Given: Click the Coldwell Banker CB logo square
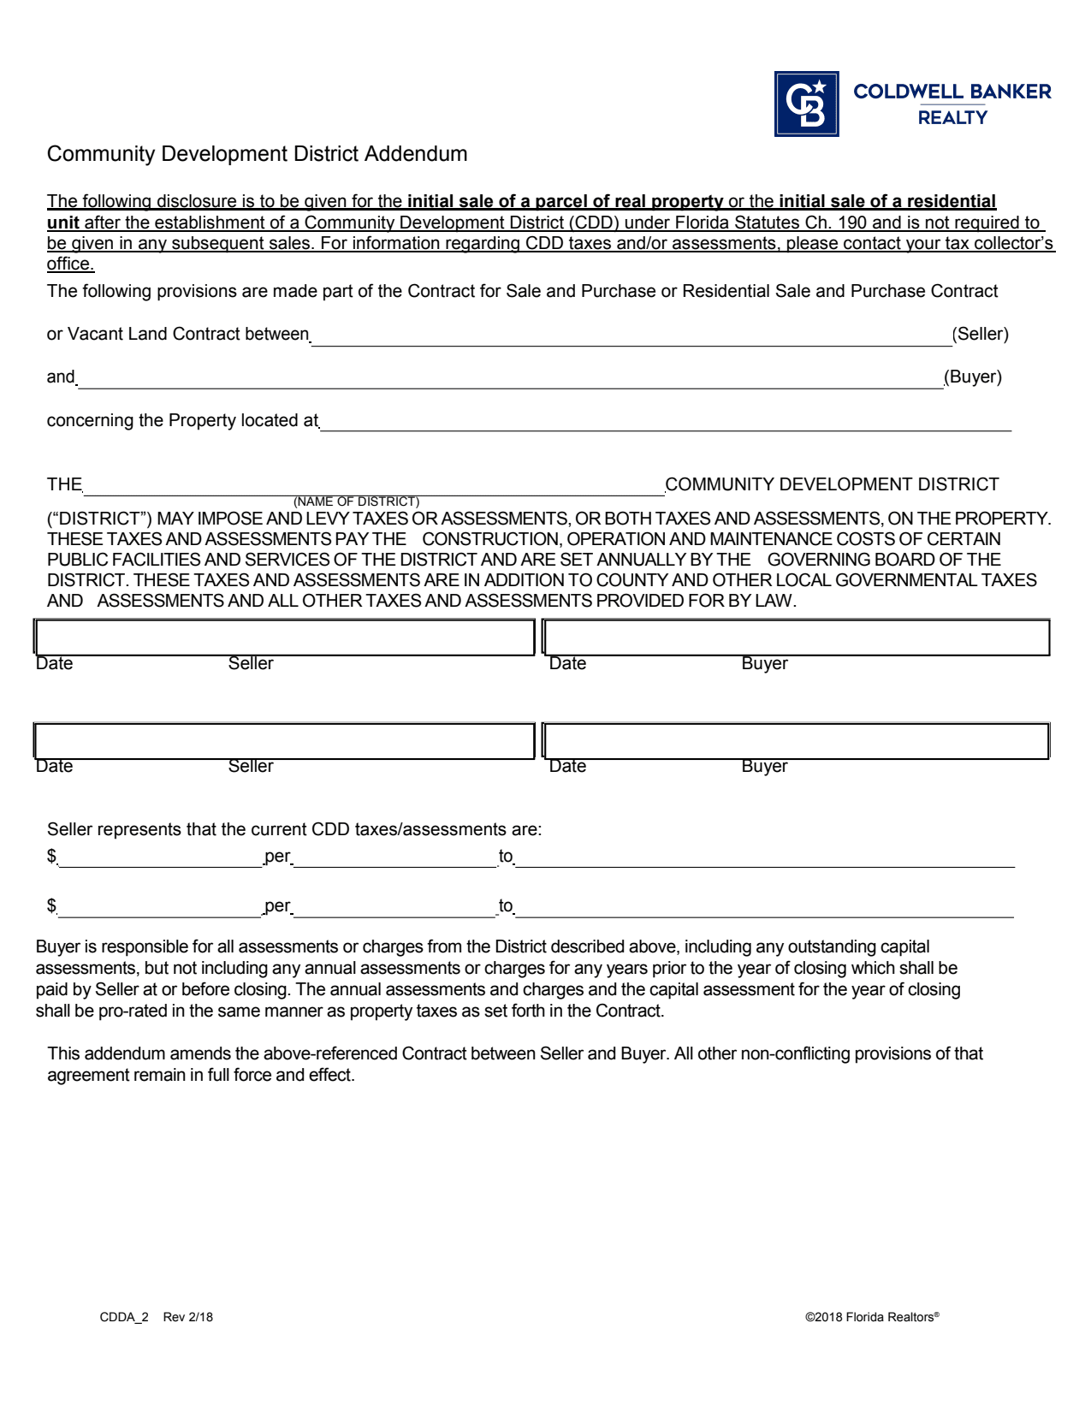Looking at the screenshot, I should click(x=806, y=104).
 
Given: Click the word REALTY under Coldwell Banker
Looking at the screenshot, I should click(x=952, y=118).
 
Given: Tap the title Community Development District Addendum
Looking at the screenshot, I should click(x=257, y=154).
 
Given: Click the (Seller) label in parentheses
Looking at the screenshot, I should click(x=980, y=334).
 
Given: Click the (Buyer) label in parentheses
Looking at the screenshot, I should click(x=973, y=377).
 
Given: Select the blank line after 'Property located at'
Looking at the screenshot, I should click(x=665, y=422).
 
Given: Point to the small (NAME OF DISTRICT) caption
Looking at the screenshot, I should click(x=356, y=501).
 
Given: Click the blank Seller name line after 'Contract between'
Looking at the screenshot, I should click(x=631, y=336).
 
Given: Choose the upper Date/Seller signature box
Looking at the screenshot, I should click(x=284, y=638).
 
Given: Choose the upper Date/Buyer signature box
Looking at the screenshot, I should click(x=796, y=638).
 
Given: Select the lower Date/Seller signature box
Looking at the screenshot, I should click(x=284, y=741).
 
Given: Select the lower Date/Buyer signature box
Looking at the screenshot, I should click(x=796, y=741).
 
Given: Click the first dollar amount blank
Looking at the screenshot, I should click(x=159, y=857).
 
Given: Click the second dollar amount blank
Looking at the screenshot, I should click(x=159, y=907).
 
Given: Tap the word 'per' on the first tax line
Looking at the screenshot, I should click(x=277, y=856).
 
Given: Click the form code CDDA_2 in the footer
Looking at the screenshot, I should click(x=124, y=1317).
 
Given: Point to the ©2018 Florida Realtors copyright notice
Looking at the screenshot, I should click(x=871, y=1317).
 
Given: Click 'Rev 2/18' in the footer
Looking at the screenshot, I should click(x=188, y=1317).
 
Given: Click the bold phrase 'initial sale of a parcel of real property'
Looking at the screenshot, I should click(x=565, y=201).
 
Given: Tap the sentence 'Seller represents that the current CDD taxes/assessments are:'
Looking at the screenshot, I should click(x=294, y=829).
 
